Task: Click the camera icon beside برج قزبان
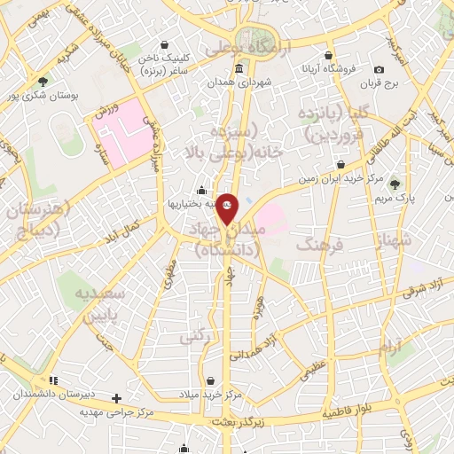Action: pyautogui.click(x=379, y=70)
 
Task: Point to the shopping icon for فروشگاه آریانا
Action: pyautogui.click(x=329, y=55)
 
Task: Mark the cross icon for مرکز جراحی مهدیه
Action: pyautogui.click(x=115, y=398)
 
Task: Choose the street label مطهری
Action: pyautogui.click(x=168, y=277)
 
